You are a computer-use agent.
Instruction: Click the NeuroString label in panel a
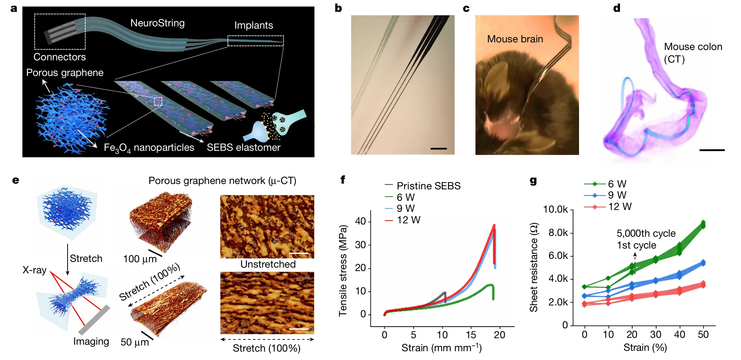click(157, 23)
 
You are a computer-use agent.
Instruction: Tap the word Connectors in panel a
click(60, 57)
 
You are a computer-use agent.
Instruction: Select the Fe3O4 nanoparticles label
click(149, 148)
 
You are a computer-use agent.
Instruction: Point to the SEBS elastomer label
click(244, 147)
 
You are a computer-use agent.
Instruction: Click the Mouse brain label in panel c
click(515, 39)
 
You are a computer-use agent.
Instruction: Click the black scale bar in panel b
click(438, 148)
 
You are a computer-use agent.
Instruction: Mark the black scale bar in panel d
click(712, 150)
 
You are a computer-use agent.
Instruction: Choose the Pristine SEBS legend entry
click(428, 186)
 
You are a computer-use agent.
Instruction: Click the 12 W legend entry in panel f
click(408, 220)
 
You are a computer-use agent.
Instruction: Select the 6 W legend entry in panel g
click(617, 184)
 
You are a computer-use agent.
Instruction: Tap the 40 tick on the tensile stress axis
click(360, 221)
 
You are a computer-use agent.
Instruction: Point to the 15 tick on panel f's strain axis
click(471, 335)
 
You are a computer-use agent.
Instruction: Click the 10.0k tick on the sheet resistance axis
click(555, 209)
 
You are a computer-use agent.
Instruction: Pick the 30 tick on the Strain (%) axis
click(655, 334)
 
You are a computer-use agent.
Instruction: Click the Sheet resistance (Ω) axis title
click(534, 267)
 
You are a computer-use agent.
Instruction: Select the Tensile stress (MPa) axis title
click(343, 271)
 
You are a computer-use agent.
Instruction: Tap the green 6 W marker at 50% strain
click(703, 224)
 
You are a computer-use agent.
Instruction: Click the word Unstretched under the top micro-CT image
click(268, 264)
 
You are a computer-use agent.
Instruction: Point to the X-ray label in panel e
click(34, 270)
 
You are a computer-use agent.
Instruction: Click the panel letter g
click(533, 181)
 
